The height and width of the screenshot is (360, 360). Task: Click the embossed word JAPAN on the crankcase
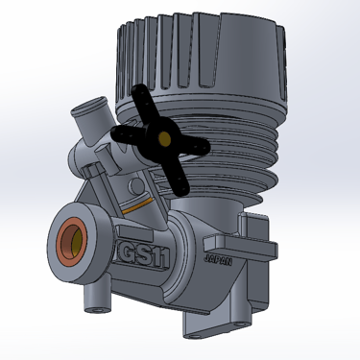218,260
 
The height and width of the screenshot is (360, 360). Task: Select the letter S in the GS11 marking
145,255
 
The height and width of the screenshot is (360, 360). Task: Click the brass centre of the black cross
164,138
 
